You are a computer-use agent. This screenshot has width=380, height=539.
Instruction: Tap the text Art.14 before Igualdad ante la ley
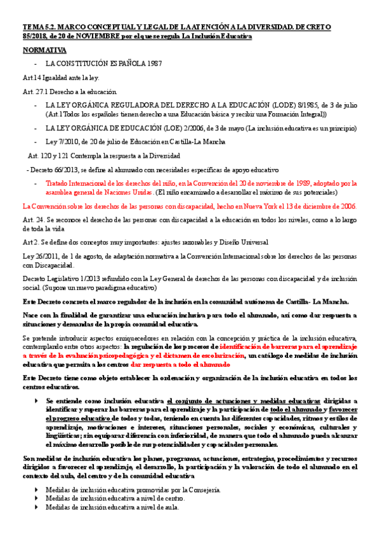32,78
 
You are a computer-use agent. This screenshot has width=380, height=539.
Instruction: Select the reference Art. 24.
32,219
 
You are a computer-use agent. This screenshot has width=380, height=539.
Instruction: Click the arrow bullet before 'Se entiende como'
37,401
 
